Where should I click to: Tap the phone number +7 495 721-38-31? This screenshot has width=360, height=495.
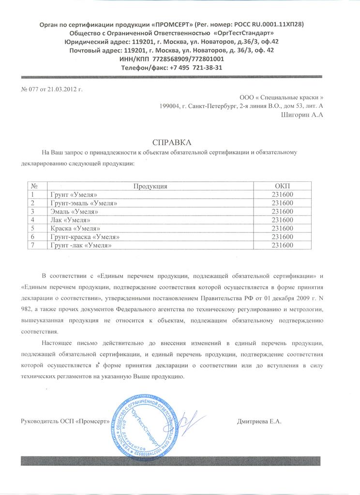point(196,68)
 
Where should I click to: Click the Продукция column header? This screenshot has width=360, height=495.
point(150,186)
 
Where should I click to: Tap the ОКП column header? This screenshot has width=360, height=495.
point(283,186)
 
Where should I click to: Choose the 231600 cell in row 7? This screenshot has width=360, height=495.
point(283,245)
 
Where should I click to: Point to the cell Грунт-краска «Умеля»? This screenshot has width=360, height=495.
point(84,237)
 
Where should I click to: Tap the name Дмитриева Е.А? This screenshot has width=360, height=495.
point(259,421)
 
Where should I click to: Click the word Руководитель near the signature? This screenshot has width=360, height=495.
point(42,421)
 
